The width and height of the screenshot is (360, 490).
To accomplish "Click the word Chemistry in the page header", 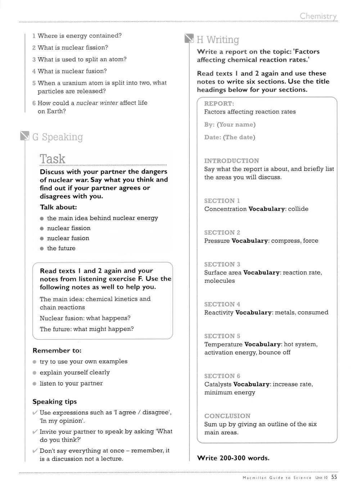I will click(318, 16).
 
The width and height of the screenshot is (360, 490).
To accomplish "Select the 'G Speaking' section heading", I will click(57, 137).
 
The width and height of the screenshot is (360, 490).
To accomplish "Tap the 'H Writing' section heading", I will click(218, 40).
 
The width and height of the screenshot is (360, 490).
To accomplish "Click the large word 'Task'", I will click(53, 159).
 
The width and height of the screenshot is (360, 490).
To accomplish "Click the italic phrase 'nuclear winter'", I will click(97, 103).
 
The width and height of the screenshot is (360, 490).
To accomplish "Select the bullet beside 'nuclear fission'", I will click(42, 229).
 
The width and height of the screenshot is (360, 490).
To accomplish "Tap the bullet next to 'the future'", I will click(42, 249).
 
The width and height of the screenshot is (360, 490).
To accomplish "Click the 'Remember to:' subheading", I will click(57, 351).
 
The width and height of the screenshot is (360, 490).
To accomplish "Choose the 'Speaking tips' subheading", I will click(55, 402).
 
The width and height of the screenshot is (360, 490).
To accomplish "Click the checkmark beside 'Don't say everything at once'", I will click(35, 451).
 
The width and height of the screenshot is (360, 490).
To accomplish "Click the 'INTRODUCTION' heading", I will click(231, 161).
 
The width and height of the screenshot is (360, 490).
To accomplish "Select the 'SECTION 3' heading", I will click(222, 264).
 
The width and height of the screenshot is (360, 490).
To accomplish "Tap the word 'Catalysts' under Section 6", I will click(218, 385).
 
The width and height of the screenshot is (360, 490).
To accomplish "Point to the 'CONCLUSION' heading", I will click(227, 416).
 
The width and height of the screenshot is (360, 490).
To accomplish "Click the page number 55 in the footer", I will click(334, 477).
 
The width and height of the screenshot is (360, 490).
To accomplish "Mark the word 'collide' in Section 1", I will click(298, 209).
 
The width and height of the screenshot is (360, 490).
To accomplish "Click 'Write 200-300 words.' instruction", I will click(233, 458).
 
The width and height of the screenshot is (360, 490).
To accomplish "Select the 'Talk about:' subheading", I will click(58, 207).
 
